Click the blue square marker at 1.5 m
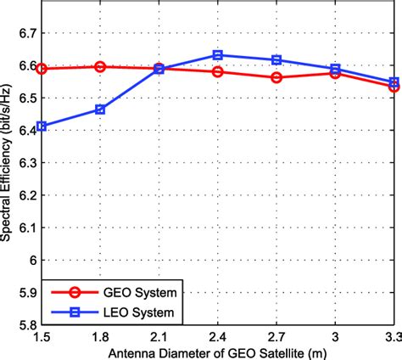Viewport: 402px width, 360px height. pyautogui.click(x=42, y=126)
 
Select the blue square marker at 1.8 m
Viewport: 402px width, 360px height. pyautogui.click(x=100, y=110)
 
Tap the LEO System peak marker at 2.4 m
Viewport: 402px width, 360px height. pyautogui.click(x=218, y=55)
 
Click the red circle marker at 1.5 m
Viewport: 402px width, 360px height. pyautogui.click(x=42, y=69)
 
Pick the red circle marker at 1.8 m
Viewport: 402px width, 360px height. pyautogui.click(x=100, y=66)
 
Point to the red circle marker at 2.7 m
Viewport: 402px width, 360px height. pyautogui.click(x=276, y=77)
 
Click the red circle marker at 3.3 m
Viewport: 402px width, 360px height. pyautogui.click(x=394, y=87)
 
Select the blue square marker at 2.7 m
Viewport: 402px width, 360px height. pyautogui.click(x=276, y=60)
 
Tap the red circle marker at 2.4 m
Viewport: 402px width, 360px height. pyautogui.click(x=218, y=72)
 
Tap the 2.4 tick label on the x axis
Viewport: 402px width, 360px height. pyautogui.click(x=218, y=336)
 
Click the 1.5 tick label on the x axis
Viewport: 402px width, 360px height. pyautogui.click(x=42, y=336)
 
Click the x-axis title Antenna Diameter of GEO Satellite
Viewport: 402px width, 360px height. pyautogui.click(x=217, y=352)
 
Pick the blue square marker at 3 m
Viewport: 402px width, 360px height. pyautogui.click(x=335, y=69)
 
